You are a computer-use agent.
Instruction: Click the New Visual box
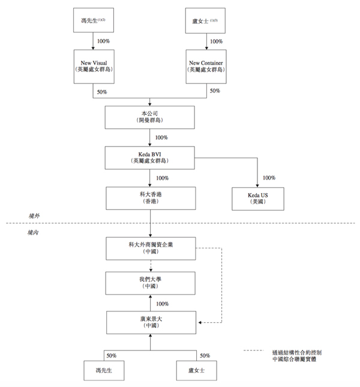pos(93,65)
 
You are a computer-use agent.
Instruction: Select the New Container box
pos(208,65)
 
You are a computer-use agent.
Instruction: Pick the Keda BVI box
pos(150,157)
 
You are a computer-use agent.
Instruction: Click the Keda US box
pos(257,199)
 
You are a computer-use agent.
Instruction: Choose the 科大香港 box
pos(150,199)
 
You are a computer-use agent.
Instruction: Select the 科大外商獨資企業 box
pos(150,248)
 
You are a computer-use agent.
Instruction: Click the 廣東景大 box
pos(150,322)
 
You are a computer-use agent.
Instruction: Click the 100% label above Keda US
pos(268,178)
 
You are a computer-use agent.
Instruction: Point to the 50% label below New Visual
pos(101,92)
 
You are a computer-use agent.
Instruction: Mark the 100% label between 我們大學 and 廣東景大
pos(161,304)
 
